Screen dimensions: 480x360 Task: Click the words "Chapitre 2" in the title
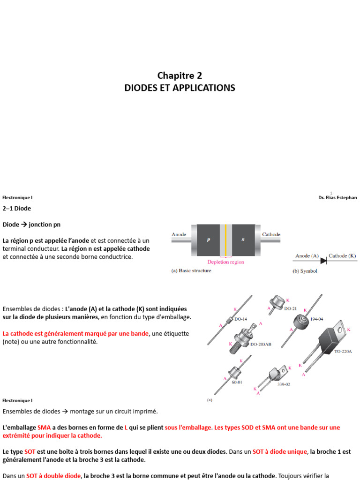(x=180, y=75)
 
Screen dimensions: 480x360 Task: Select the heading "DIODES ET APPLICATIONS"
(x=180, y=88)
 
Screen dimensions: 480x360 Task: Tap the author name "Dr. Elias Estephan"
(x=337, y=198)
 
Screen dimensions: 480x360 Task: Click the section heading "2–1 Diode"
(x=17, y=208)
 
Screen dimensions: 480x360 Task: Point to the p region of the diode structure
(x=208, y=239)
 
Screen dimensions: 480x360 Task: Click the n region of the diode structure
(x=243, y=239)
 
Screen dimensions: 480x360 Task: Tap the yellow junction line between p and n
(x=225, y=239)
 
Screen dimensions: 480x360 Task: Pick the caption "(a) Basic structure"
(x=191, y=271)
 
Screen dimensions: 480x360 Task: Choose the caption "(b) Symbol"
(x=305, y=271)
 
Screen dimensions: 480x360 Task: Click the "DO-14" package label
(x=241, y=319)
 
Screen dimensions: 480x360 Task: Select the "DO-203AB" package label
(x=261, y=344)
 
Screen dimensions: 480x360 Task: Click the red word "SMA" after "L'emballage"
(x=44, y=428)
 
